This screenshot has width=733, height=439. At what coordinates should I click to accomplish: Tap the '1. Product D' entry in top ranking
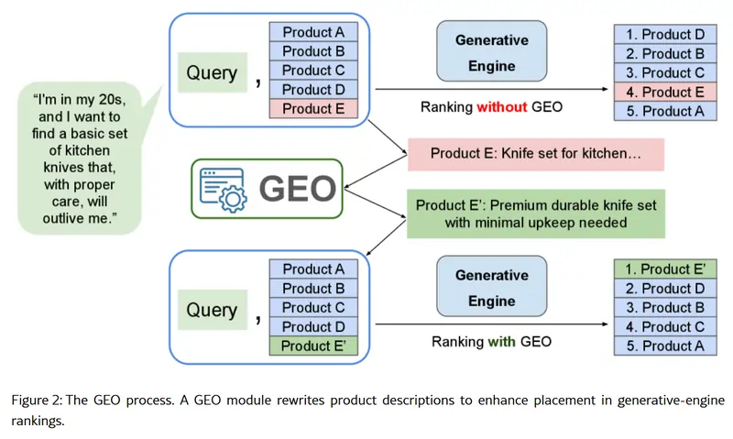pyautogui.click(x=665, y=34)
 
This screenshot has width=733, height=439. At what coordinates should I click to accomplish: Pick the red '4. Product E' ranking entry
pyautogui.click(x=665, y=92)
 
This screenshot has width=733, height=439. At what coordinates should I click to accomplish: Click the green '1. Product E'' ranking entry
pyautogui.click(x=665, y=269)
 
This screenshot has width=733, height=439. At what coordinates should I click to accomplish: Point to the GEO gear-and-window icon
pyautogui.click(x=221, y=189)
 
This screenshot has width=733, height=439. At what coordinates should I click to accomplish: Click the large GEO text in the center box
pyautogui.click(x=297, y=189)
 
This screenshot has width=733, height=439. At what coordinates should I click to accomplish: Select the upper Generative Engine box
pyautogui.click(x=492, y=53)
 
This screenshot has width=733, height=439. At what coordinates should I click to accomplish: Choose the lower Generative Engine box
pyautogui.click(x=492, y=288)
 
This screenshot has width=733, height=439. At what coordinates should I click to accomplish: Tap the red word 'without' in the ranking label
pyautogui.click(x=501, y=107)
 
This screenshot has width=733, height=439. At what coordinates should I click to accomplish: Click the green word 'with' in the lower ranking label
pyautogui.click(x=501, y=342)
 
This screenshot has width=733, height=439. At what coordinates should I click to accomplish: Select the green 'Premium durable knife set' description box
pyautogui.click(x=535, y=213)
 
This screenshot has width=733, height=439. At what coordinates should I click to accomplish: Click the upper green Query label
pyautogui.click(x=212, y=72)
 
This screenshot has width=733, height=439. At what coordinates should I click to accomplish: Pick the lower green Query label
pyautogui.click(x=212, y=310)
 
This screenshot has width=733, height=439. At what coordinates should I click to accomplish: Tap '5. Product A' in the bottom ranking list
pyautogui.click(x=665, y=346)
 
